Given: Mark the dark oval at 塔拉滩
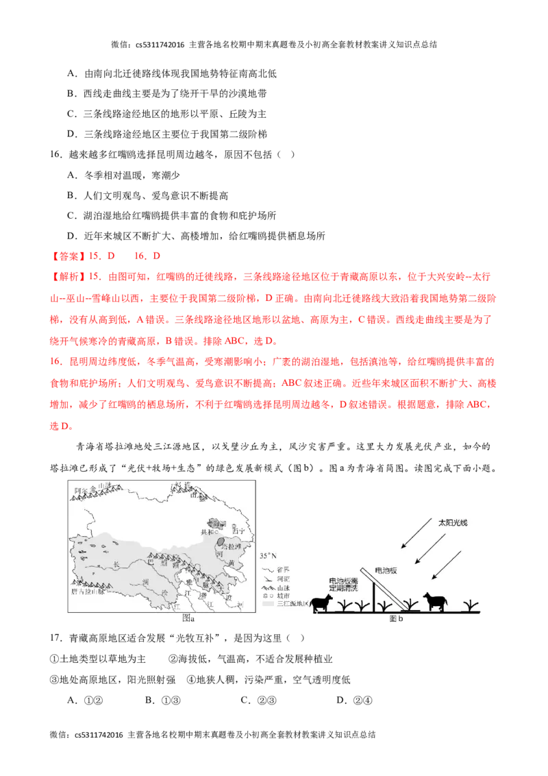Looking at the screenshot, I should [x=220, y=541].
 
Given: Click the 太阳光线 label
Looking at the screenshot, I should [x=455, y=522].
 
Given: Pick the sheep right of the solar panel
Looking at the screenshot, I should [x=434, y=601].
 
